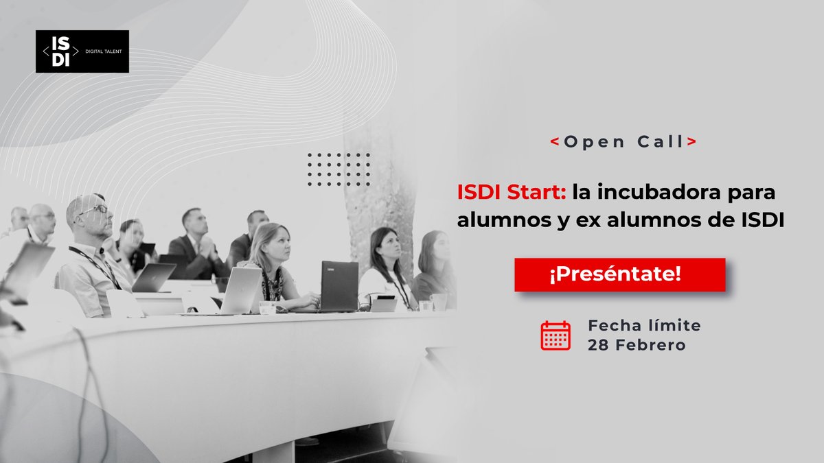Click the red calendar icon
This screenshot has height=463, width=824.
click(x=556, y=335)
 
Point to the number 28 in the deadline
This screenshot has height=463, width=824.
click(x=597, y=345)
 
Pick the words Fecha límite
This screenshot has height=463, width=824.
click(x=644, y=324)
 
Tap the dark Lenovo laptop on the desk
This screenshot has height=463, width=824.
click(x=339, y=285)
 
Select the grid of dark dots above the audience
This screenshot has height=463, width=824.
click(x=339, y=169)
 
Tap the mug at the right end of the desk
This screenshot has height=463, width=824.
click(x=439, y=301)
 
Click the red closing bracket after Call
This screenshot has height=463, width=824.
click(x=691, y=142)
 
